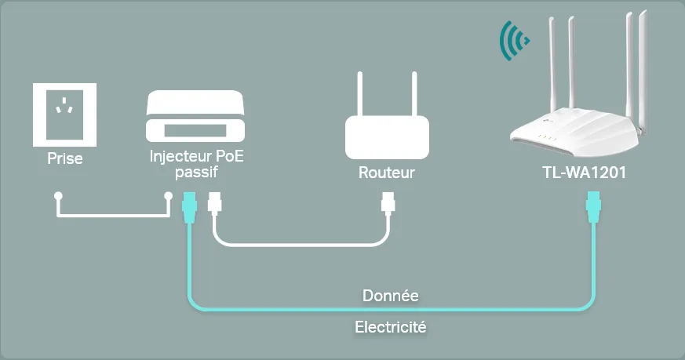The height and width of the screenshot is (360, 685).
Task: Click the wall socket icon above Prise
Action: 64,115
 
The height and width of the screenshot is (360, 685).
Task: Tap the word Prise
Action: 65,158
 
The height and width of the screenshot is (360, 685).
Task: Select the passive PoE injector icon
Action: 195,116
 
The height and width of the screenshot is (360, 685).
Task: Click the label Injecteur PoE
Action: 197,156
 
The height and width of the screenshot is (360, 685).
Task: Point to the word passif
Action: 197,172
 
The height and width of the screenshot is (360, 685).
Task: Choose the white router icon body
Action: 387,137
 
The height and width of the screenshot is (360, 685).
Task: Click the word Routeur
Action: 387,173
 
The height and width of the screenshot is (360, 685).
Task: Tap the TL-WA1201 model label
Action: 584,173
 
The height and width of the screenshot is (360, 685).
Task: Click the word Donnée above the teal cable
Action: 391,296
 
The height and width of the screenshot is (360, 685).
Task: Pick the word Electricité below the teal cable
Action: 391,327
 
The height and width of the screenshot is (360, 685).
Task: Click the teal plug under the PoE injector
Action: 189,208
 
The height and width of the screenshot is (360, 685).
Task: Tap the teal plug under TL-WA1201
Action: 594,207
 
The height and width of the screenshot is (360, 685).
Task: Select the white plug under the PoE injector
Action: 214,204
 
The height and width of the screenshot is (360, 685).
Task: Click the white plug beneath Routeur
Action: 388,204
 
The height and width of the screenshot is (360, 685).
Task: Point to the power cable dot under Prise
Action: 58,196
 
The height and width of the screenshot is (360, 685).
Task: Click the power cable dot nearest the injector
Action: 168,196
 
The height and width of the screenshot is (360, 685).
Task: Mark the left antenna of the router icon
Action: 360,94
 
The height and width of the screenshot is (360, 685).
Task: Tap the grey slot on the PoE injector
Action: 195,131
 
